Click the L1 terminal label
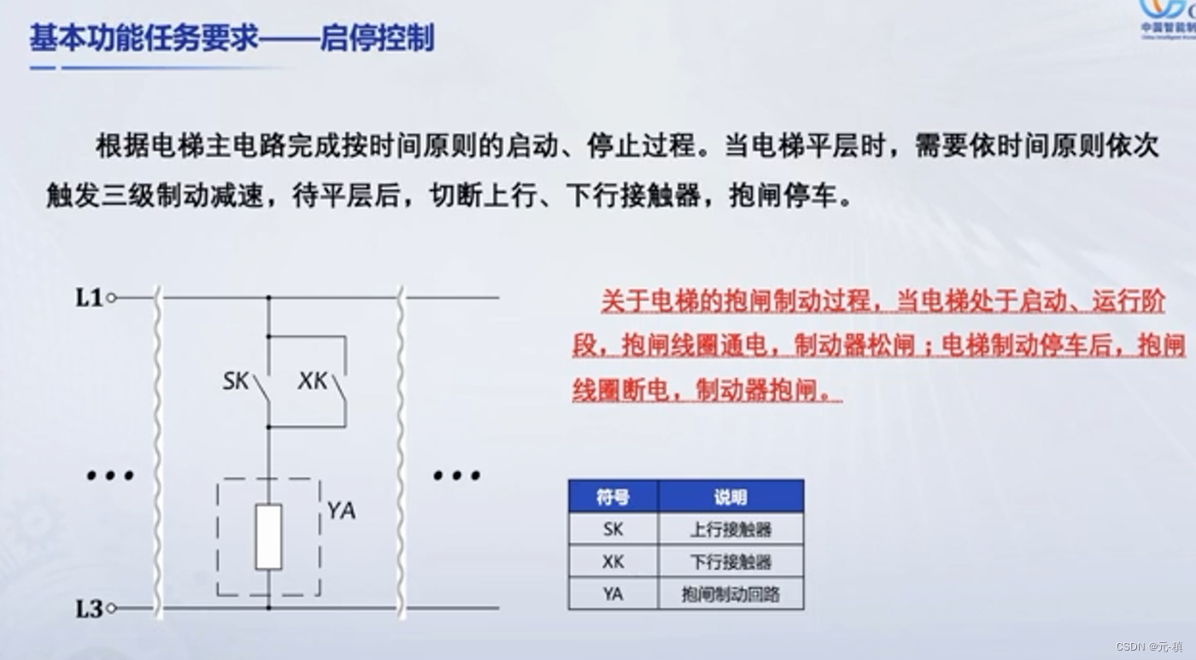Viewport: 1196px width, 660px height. tap(89, 298)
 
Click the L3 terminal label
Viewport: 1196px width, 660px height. tap(89, 609)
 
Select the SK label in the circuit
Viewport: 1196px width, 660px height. tap(236, 381)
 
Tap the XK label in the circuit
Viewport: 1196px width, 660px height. tap(313, 381)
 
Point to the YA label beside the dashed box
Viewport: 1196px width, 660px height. tap(341, 511)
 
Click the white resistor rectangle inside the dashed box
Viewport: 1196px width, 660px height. tap(268, 536)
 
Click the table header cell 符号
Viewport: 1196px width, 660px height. tap(613, 497)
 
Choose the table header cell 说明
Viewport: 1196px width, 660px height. tap(730, 497)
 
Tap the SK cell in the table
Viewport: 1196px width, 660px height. tap(613, 529)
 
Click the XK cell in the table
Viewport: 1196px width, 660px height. tap(613, 562)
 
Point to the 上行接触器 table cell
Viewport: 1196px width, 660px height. tap(730, 529)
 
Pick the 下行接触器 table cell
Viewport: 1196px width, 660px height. tap(730, 562)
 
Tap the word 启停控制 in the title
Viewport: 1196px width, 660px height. tap(377, 38)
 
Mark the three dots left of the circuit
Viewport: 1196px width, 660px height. tap(110, 476)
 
